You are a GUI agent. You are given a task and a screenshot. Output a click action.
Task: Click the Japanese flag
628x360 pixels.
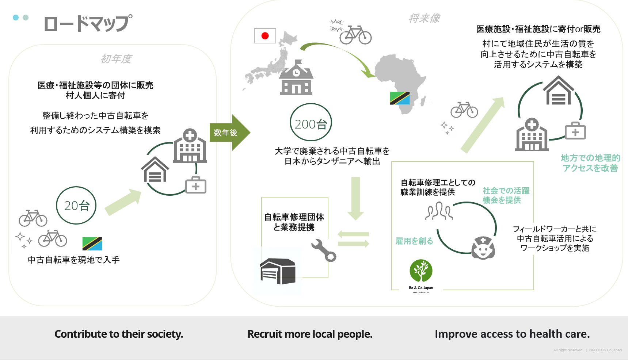[265, 36]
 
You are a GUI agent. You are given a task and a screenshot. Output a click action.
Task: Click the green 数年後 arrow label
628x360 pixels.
[230, 133]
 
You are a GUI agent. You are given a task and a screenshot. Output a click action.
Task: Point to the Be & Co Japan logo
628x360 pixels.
[421, 276]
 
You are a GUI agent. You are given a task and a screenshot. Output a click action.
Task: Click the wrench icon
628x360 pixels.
[324, 250]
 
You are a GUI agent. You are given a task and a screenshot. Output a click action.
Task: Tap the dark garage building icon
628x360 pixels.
[278, 271]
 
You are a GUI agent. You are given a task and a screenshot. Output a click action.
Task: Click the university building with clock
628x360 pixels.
[296, 77]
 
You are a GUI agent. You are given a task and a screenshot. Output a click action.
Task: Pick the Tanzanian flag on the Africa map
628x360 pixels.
[400, 98]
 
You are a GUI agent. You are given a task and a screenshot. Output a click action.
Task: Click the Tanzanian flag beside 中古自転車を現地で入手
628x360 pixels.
[92, 244]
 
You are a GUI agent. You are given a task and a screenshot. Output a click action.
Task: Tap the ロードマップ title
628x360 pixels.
[88, 24]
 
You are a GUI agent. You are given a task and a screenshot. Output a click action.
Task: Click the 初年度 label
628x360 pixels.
[116, 59]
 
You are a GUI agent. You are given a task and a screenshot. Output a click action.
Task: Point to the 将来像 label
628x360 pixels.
[425, 18]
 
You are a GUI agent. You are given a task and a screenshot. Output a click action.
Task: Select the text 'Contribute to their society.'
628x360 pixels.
[119, 334]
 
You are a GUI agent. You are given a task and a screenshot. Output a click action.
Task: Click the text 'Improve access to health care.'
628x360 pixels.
[512, 334]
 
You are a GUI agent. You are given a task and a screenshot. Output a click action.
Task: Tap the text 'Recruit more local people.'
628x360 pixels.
[310, 334]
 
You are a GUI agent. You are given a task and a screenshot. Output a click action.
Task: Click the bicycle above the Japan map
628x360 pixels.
[355, 35]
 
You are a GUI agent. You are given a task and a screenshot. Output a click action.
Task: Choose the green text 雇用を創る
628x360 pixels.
[414, 241]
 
